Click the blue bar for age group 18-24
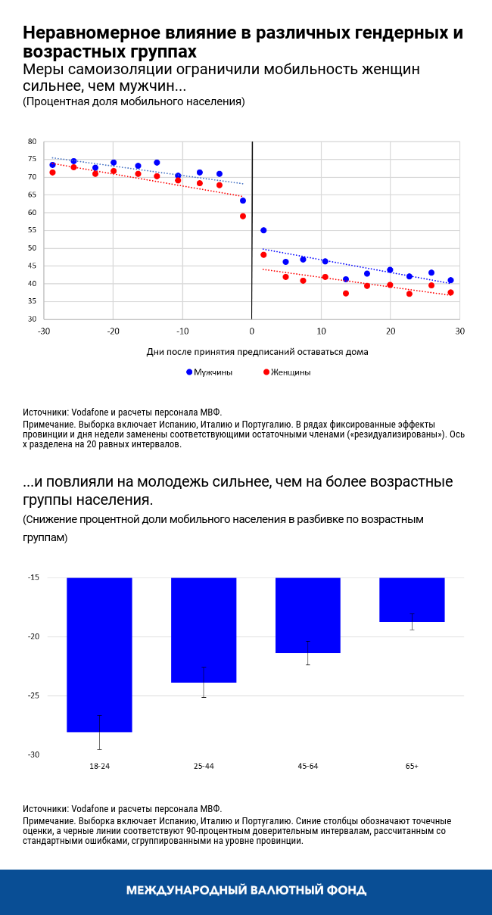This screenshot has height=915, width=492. tap(99, 655)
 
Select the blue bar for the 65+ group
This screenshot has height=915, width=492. tap(412, 599)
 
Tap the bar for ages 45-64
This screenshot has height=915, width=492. tap(307, 615)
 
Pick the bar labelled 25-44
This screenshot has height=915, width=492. tap(204, 630)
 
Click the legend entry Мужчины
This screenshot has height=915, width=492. tap(213, 372)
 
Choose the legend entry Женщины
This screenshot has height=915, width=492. tap(291, 372)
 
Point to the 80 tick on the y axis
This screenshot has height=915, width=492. tap(32, 142)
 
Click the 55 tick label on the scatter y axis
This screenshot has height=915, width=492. tap(32, 230)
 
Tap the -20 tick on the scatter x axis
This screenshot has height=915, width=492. tap(113, 331)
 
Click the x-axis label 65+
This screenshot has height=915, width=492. tap(412, 767)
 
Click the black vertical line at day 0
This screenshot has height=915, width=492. tap(251, 227)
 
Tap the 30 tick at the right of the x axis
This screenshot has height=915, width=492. tap(459, 331)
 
